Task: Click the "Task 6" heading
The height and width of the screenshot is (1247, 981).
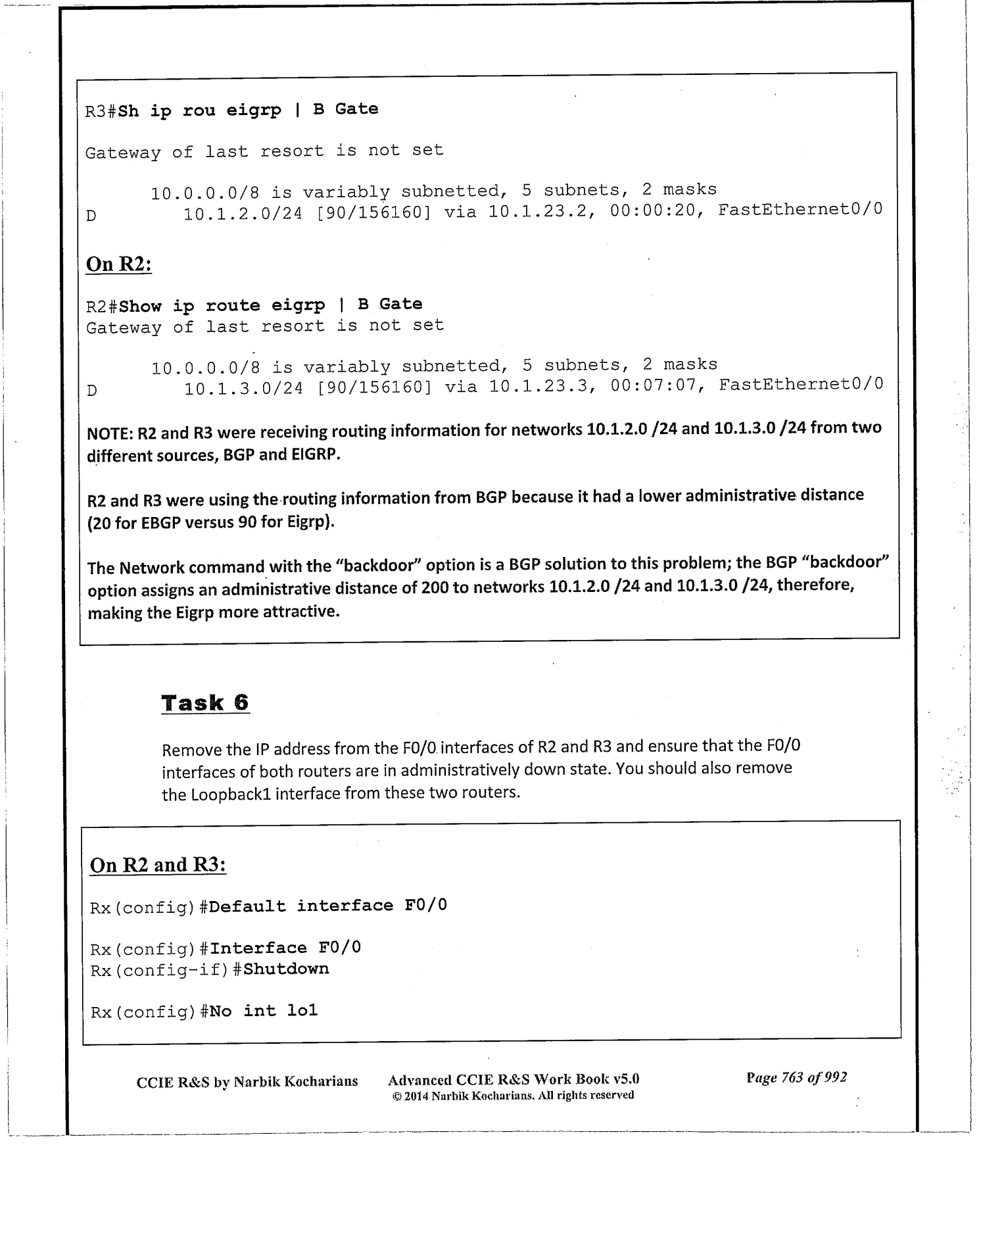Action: coord(205,702)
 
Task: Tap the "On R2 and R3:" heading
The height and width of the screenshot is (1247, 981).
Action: coord(158,864)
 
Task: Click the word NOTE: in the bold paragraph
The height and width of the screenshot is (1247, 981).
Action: coord(110,433)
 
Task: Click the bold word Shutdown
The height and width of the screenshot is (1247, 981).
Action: coord(286,969)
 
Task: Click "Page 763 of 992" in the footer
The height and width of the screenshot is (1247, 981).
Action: coord(796,1077)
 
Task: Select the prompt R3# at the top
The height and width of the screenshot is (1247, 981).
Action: coord(101,111)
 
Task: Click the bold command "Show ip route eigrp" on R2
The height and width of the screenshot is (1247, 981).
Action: coord(222,306)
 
